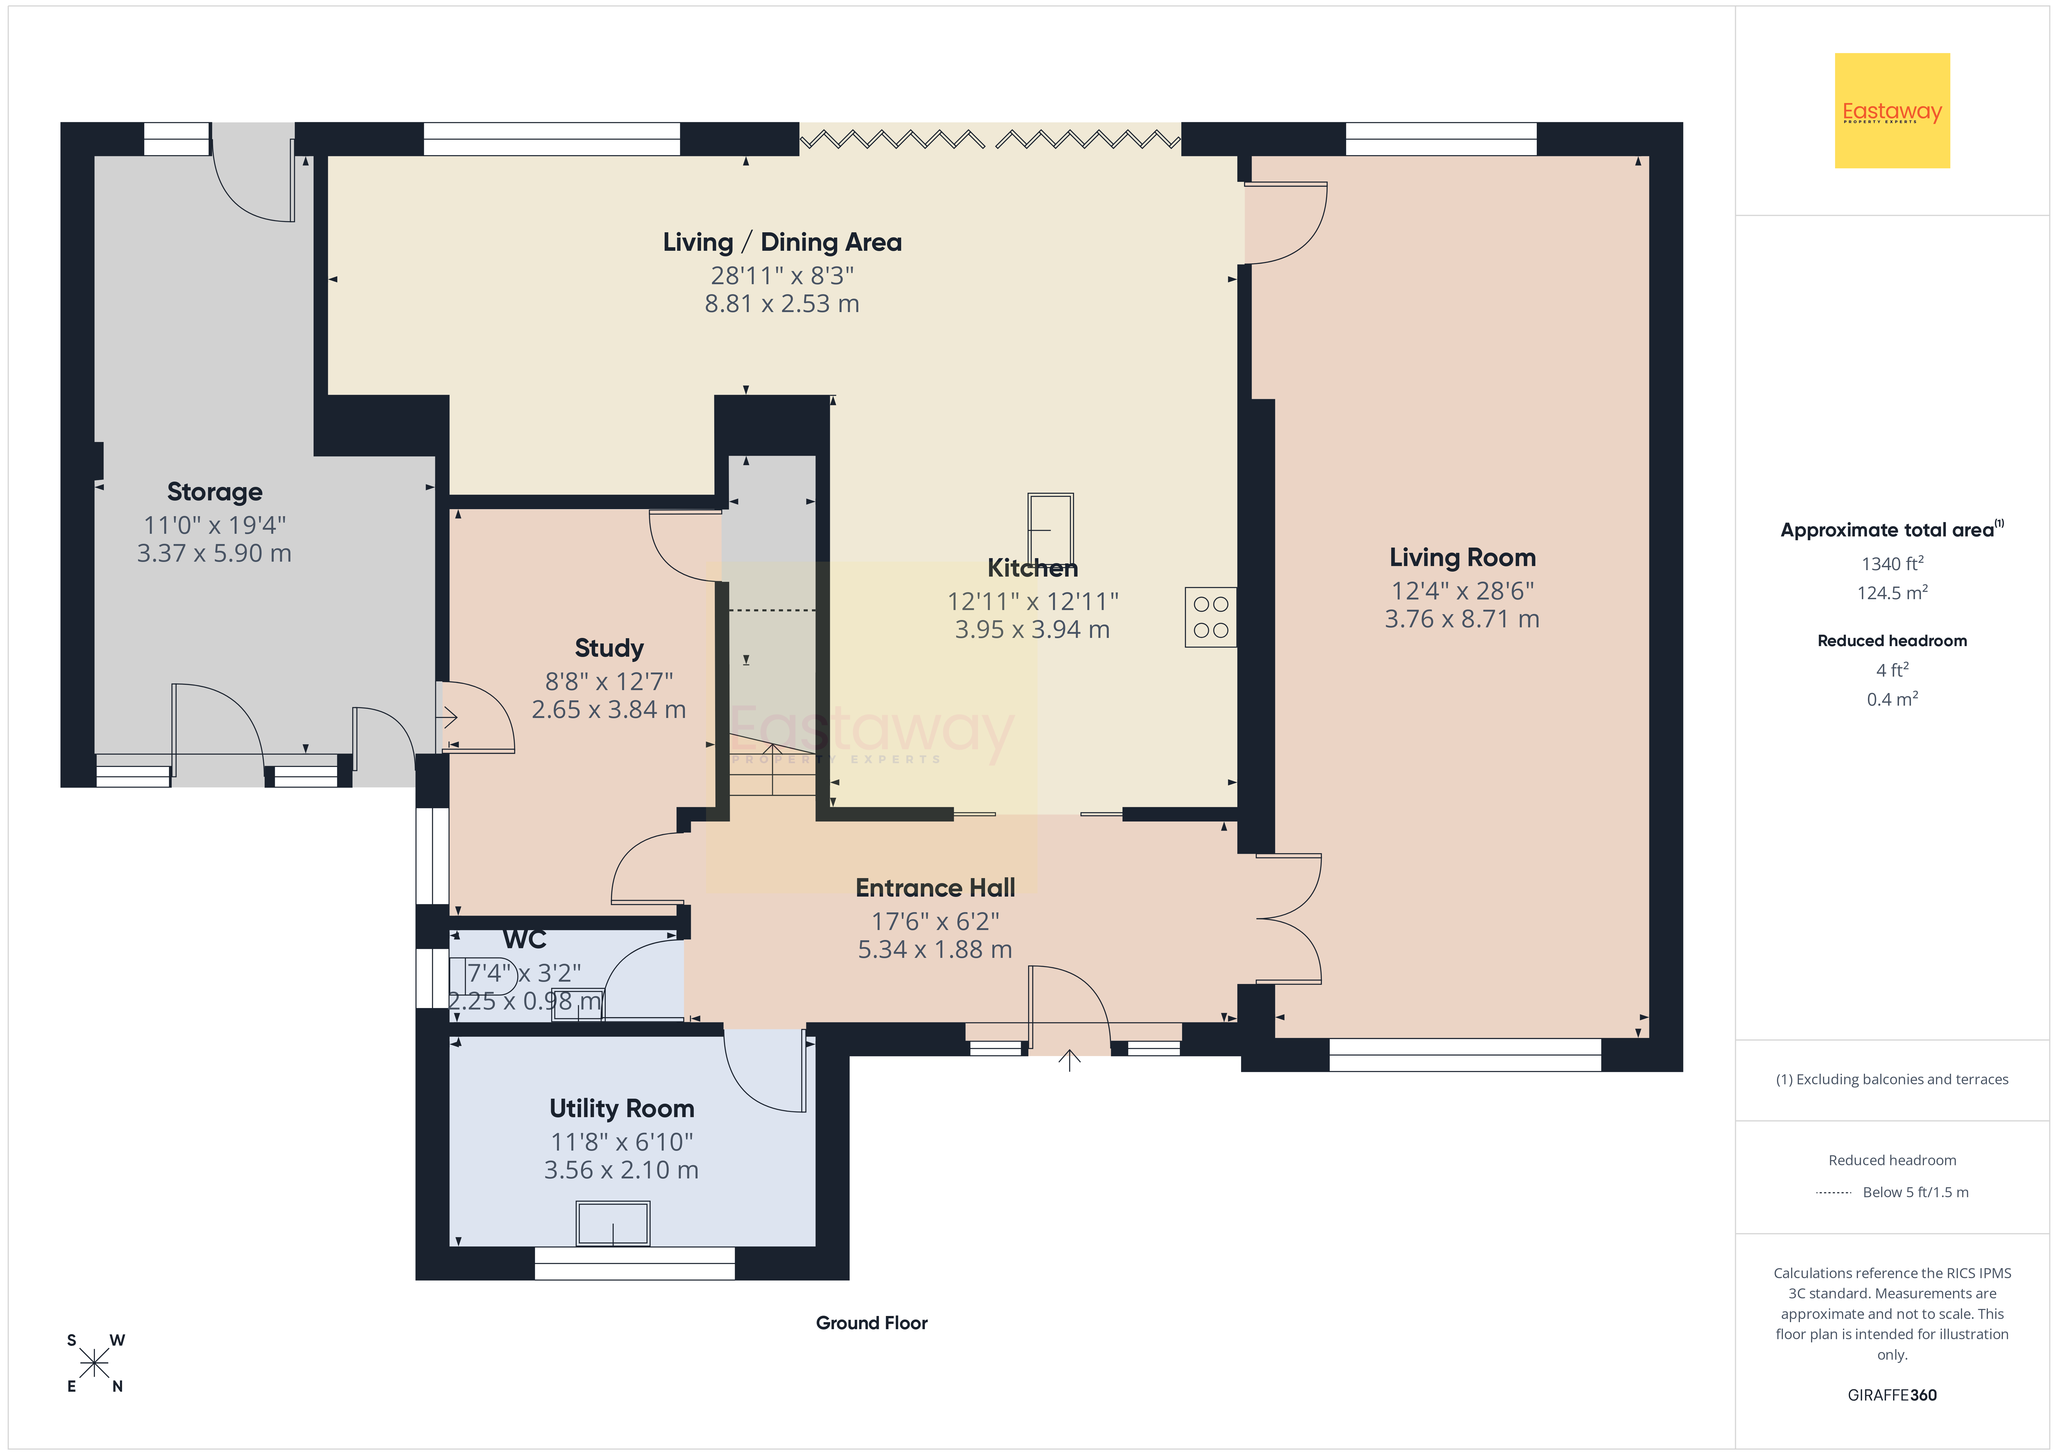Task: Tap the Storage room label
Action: pyautogui.click(x=214, y=492)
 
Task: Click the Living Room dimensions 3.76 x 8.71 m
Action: pyautogui.click(x=1462, y=619)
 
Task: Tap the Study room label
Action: pyautogui.click(x=609, y=648)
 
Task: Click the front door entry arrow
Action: pyautogui.click(x=1069, y=1061)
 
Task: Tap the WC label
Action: pyautogui.click(x=524, y=939)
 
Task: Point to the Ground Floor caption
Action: pyautogui.click(x=871, y=1323)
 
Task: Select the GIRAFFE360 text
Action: pyautogui.click(x=1892, y=1395)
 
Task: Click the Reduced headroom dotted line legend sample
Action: pyautogui.click(x=1833, y=1192)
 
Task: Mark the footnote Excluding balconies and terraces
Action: pyautogui.click(x=1892, y=1079)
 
